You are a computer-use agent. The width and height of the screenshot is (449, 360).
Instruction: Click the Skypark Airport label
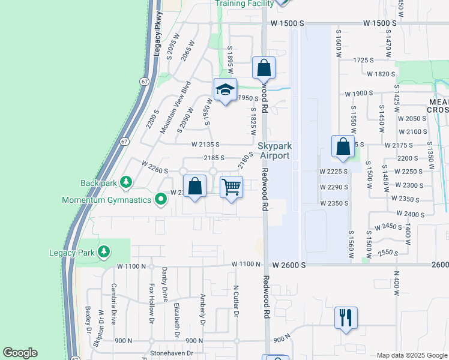[x=274, y=151]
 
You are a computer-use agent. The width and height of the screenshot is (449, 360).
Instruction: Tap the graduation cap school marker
[x=225, y=90]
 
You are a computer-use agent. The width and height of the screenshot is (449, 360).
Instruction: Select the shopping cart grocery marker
[x=232, y=187]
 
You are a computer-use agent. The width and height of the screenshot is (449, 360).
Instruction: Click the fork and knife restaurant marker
[x=346, y=317]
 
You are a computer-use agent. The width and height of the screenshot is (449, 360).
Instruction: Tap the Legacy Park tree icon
[x=104, y=251]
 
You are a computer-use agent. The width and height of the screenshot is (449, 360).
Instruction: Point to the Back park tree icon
[x=125, y=181]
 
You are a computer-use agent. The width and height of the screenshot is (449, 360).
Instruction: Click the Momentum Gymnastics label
[x=107, y=199]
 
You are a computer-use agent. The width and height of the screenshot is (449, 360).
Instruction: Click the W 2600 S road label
[x=289, y=265]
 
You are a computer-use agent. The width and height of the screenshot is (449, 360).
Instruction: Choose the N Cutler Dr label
[x=237, y=301]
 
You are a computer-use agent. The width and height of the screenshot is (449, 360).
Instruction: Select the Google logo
[x=20, y=352]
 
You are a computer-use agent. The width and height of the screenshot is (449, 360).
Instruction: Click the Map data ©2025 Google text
[x=412, y=355]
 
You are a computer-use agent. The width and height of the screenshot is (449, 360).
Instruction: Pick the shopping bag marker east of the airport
[x=342, y=146]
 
